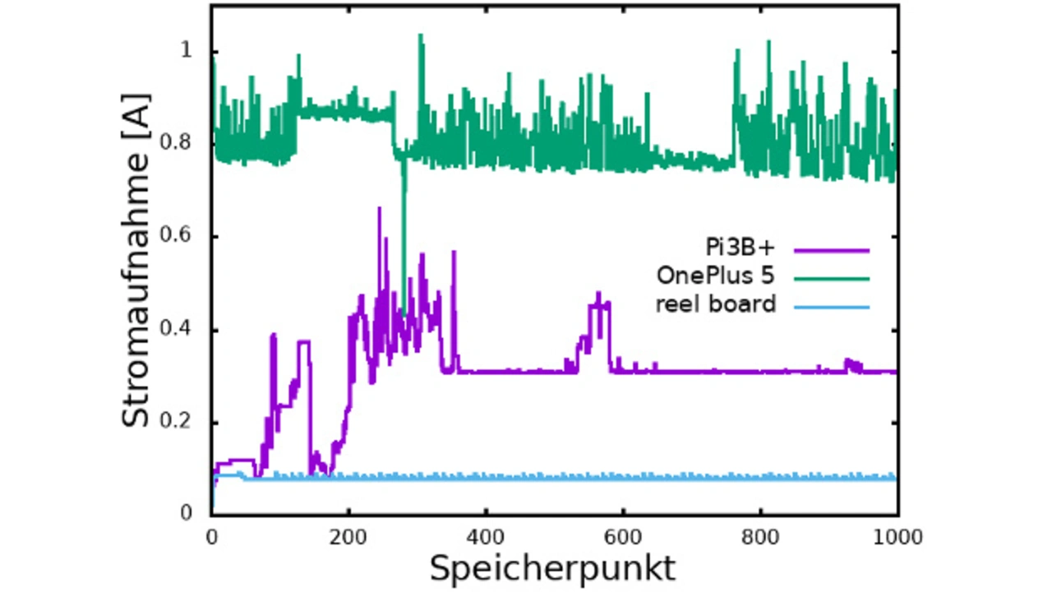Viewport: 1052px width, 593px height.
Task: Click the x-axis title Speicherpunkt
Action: click(552, 568)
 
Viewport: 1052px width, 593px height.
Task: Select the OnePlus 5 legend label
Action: click(715, 276)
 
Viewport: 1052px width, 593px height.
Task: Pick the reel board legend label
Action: click(715, 304)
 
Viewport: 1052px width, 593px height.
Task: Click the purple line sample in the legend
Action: click(832, 249)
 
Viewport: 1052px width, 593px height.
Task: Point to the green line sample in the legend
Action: click(832, 278)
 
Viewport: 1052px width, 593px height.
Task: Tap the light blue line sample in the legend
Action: click(832, 307)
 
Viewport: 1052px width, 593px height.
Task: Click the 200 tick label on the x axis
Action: click(348, 537)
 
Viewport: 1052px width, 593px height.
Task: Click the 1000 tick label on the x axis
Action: click(897, 537)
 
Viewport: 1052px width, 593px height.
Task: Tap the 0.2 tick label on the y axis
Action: click(180, 422)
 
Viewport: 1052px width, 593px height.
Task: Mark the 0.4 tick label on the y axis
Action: click(180, 330)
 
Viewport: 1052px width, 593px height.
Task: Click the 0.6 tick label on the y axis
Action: click(180, 237)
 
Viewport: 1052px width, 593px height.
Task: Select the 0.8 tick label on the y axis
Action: click(180, 144)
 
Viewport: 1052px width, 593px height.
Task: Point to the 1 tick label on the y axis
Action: click(187, 51)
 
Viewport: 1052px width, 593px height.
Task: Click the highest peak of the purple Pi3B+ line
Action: click(379, 208)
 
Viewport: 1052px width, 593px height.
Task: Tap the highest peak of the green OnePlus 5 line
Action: click(421, 35)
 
